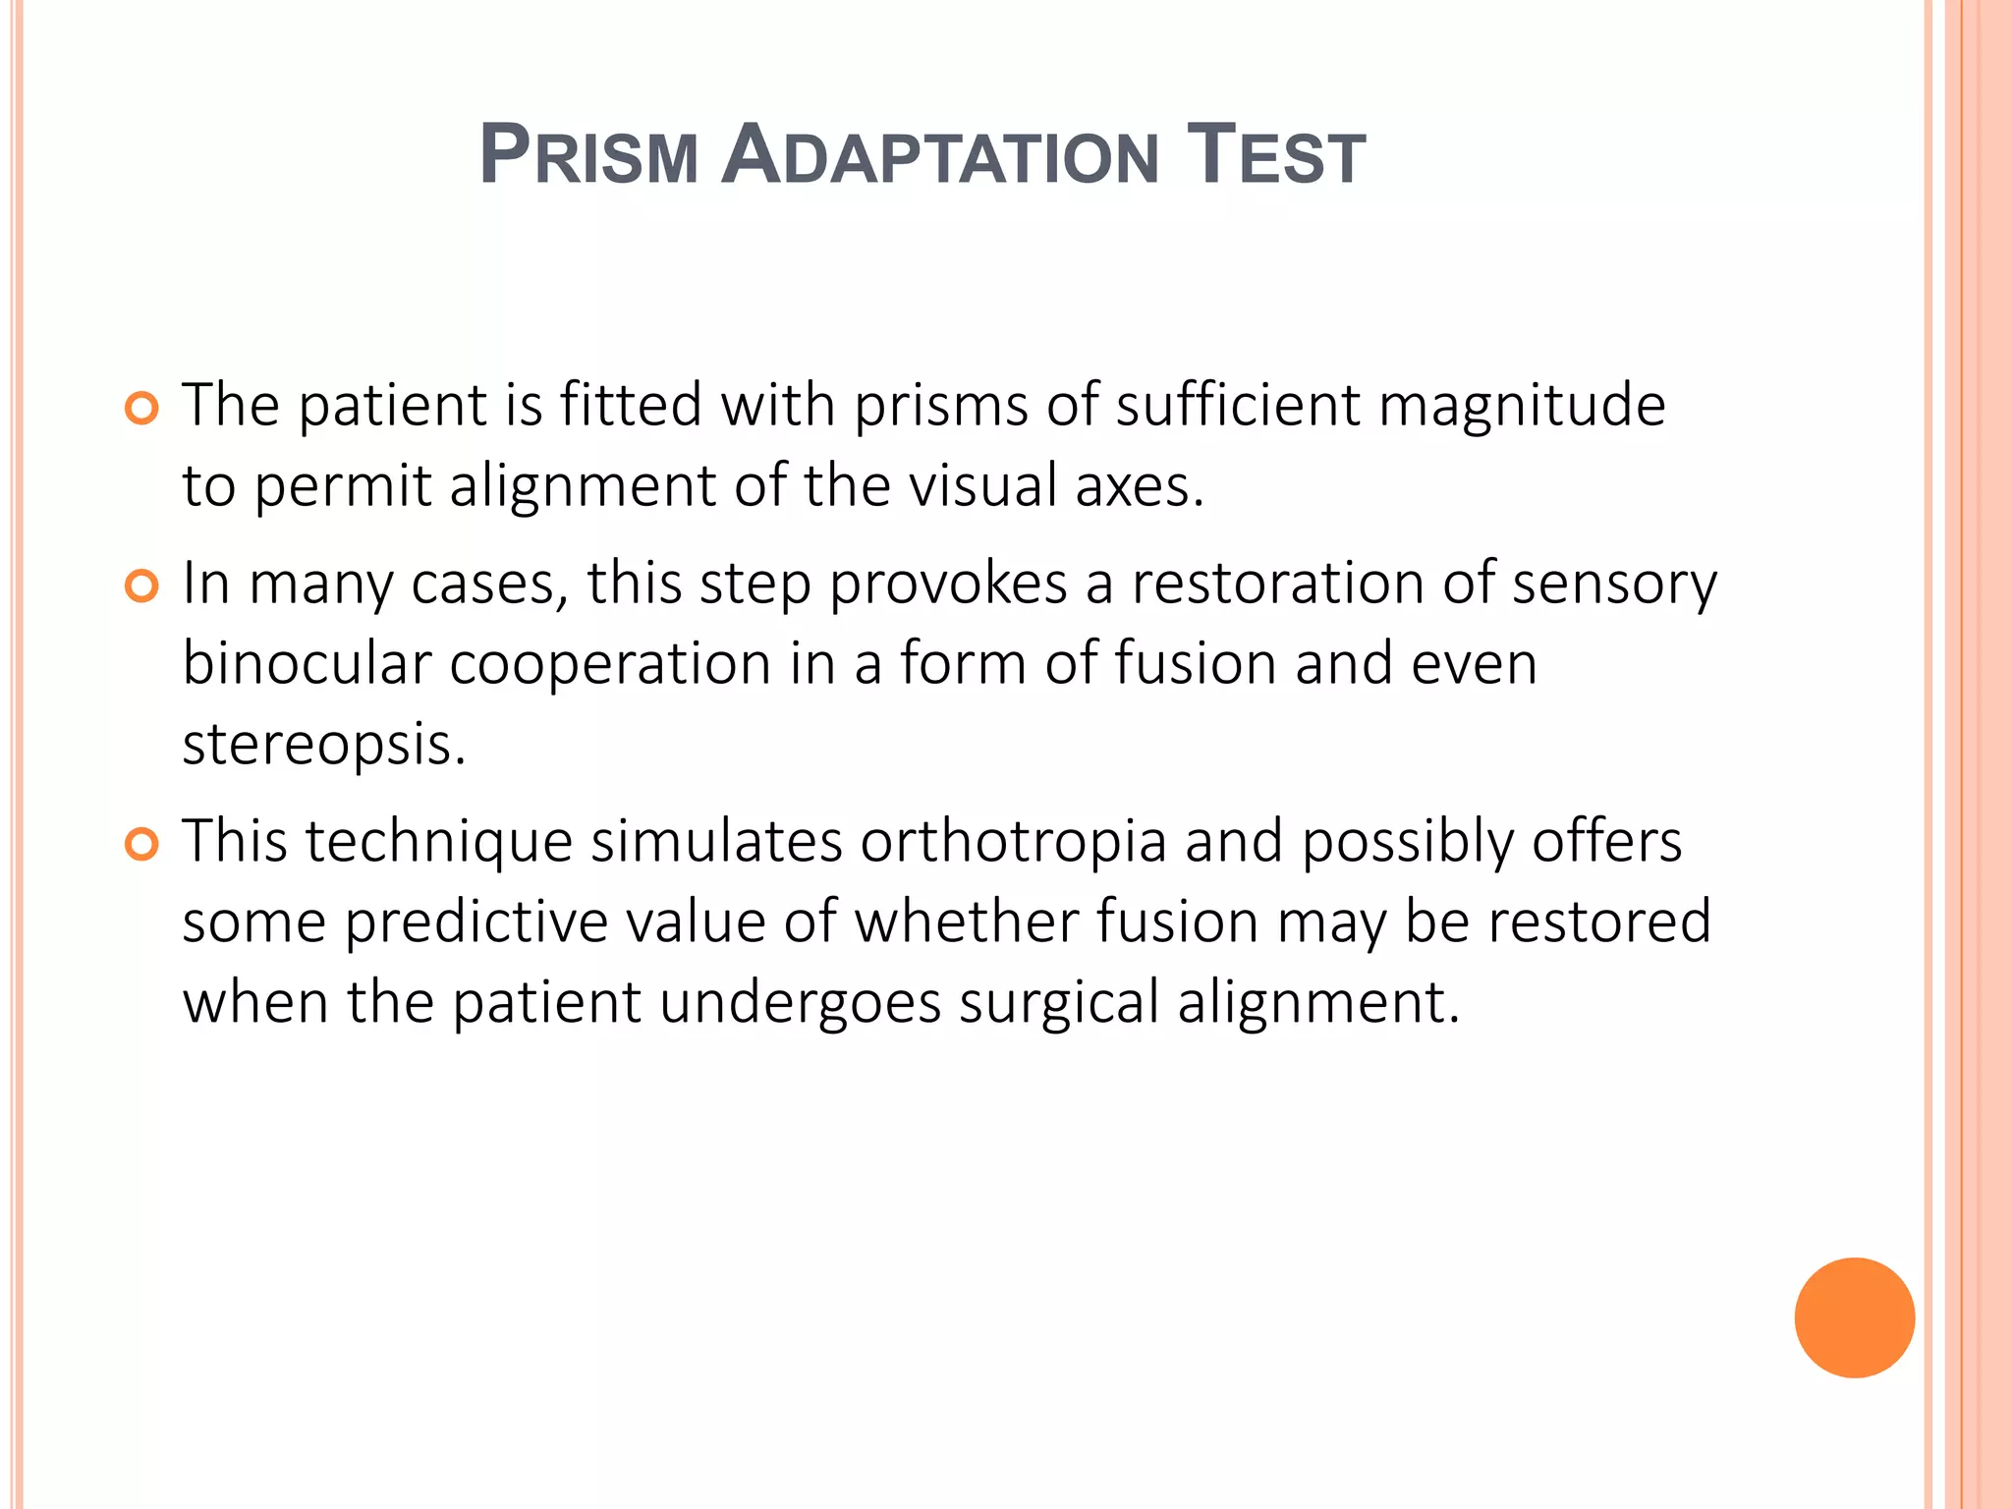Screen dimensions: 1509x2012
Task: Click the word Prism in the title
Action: pos(588,156)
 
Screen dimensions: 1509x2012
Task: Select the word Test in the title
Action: pos(1276,156)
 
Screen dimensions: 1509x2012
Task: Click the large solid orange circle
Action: pos(1854,1317)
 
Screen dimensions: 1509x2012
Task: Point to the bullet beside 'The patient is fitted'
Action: pos(142,408)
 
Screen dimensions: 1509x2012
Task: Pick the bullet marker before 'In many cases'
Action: pos(142,587)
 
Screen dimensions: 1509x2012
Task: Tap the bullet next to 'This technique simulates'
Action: pos(142,844)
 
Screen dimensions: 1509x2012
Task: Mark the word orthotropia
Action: pos(1013,842)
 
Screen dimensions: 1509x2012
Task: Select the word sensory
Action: pos(1614,585)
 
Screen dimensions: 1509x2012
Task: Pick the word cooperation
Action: pos(610,665)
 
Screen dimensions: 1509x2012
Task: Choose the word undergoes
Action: pos(800,1003)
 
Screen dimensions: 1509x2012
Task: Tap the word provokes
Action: pos(948,585)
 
